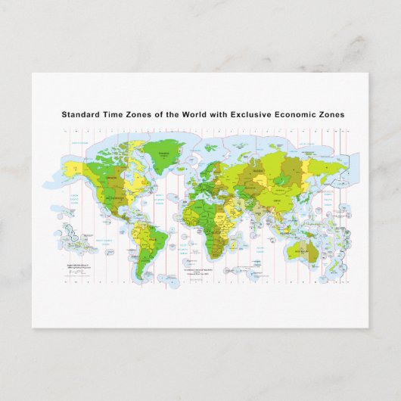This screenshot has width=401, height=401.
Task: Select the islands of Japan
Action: coord(316,192)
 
